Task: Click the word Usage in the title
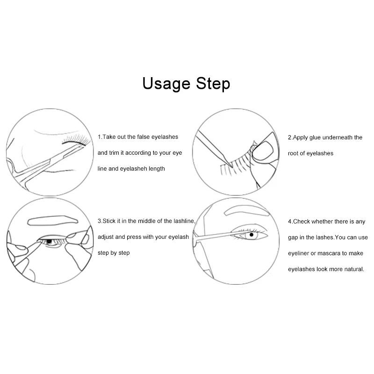point(166,84)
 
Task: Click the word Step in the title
point(213,84)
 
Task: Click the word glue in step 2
point(315,137)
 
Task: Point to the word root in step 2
point(293,153)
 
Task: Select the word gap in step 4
point(293,238)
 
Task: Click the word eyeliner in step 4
point(298,253)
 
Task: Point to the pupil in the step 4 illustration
point(252,235)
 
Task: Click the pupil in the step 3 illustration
point(49,241)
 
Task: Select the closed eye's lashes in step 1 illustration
point(76,139)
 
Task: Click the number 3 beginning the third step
point(100,221)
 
